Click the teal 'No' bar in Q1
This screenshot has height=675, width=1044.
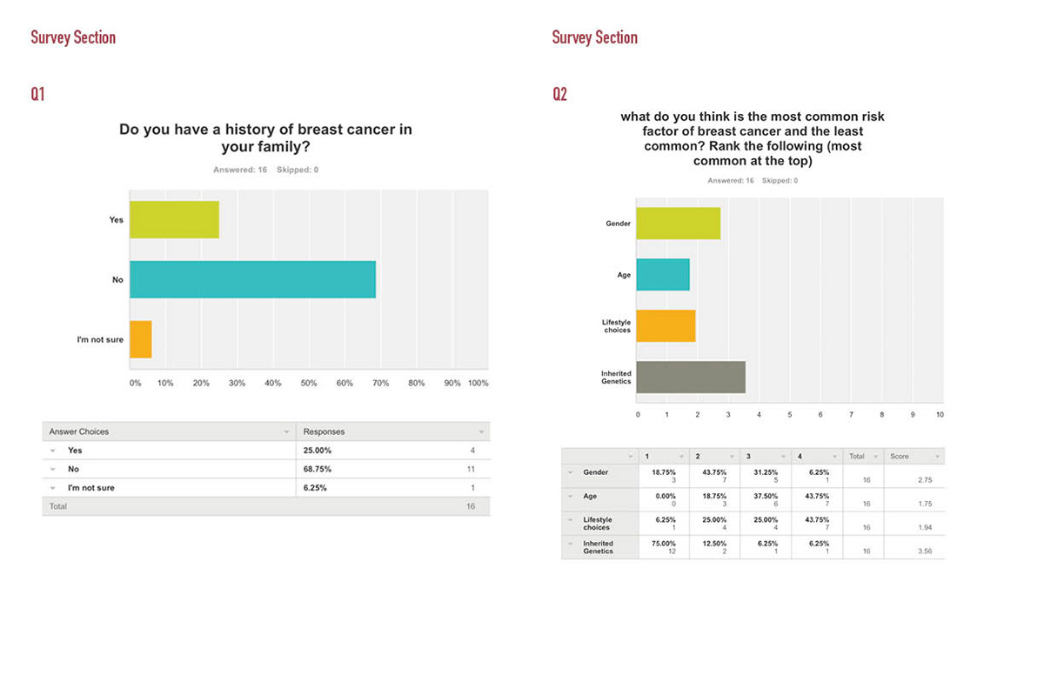pyautogui.click(x=252, y=279)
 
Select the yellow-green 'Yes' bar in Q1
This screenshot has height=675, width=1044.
pyautogui.click(x=174, y=220)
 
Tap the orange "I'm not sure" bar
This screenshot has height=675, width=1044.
pyautogui.click(x=141, y=339)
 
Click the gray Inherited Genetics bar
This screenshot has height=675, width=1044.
pyautogui.click(x=691, y=378)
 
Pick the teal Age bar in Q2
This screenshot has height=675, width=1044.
pyautogui.click(x=663, y=275)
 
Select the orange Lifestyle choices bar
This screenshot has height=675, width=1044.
pyautogui.click(x=666, y=326)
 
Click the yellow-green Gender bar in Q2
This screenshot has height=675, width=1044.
pyautogui.click(x=678, y=224)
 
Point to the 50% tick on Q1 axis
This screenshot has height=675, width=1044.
pyautogui.click(x=309, y=384)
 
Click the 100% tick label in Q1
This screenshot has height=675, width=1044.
pyautogui.click(x=478, y=384)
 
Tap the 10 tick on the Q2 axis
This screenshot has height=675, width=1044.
pyautogui.click(x=940, y=415)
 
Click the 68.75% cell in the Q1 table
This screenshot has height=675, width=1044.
pyautogui.click(x=318, y=469)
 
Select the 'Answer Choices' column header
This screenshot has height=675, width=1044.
pyautogui.click(x=79, y=431)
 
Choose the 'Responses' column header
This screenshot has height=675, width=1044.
pyautogui.click(x=324, y=431)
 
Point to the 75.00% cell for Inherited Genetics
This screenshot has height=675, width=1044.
pyautogui.click(x=657, y=544)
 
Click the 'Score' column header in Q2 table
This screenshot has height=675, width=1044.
pyautogui.click(x=900, y=456)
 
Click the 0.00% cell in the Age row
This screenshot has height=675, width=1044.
pyautogui.click(x=655, y=496)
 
